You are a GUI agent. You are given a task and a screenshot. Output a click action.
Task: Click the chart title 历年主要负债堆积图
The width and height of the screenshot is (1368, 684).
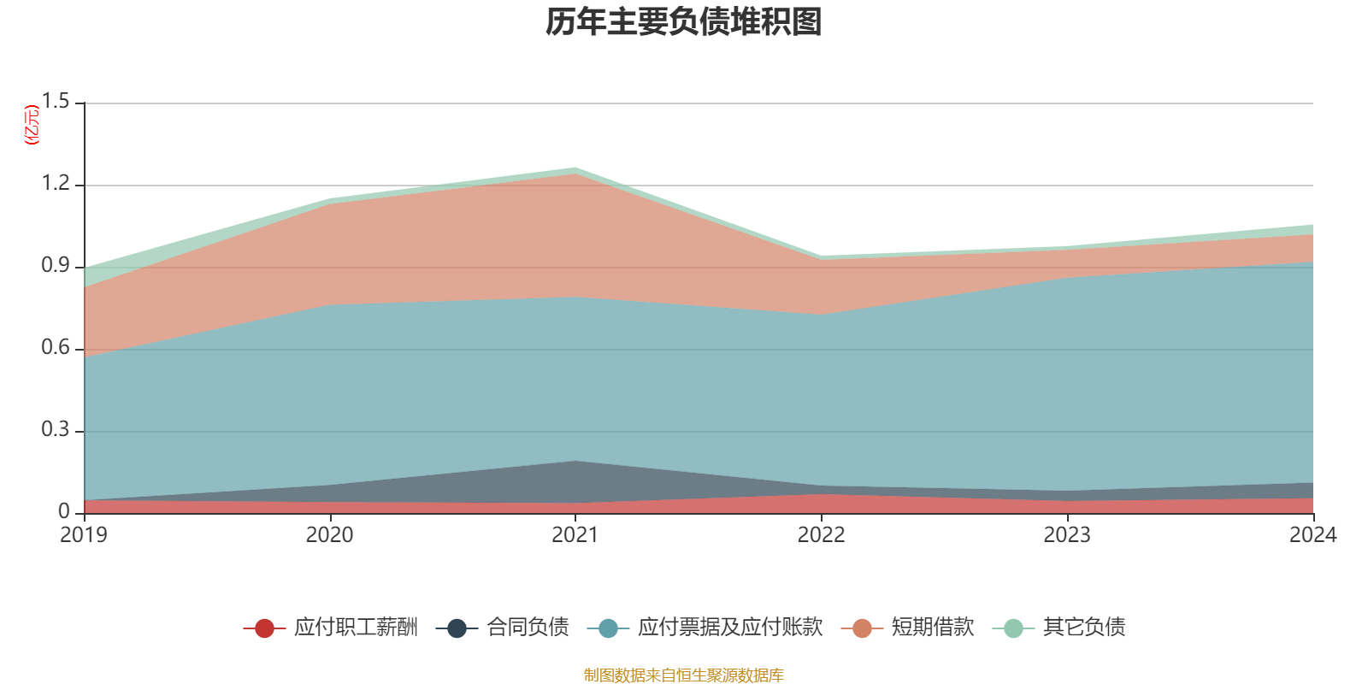coord(683,22)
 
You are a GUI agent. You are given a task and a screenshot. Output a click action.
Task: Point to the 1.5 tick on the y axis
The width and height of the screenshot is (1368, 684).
coord(55,102)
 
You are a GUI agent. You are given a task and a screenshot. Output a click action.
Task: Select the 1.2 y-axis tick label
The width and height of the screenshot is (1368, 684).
coord(55,183)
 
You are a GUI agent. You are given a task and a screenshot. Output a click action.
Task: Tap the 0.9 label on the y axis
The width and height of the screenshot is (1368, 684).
coord(55,266)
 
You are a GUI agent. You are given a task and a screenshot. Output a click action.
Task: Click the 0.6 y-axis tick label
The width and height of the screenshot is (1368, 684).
coord(55,347)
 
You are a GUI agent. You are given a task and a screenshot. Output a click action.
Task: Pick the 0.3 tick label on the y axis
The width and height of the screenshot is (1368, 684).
coord(55,429)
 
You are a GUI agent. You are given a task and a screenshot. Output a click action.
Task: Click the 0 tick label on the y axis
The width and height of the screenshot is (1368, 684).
coord(63,512)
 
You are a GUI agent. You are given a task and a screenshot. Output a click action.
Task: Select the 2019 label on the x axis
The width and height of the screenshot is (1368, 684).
coord(84,535)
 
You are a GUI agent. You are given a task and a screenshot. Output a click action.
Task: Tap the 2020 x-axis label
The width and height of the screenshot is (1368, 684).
coord(330,535)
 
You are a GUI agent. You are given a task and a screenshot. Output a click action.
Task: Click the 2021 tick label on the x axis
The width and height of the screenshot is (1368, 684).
coord(575,535)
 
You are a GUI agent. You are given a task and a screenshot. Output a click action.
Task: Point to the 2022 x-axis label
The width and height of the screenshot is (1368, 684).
coord(822,535)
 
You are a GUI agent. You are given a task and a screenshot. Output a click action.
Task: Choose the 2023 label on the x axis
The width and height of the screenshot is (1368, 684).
coord(1067,535)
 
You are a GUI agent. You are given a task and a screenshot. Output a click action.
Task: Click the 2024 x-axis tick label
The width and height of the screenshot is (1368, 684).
coord(1313,535)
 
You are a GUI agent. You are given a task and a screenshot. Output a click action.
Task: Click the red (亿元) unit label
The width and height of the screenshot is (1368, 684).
coord(31,125)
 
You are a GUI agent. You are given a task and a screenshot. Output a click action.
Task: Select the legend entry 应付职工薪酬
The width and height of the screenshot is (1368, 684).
coord(330,628)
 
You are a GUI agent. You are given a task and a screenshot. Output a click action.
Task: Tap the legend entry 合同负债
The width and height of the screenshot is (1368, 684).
coord(502,628)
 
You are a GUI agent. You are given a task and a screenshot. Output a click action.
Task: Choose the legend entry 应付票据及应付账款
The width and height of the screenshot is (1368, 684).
coord(705,628)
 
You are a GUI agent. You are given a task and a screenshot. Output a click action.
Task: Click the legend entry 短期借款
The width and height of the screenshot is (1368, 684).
coord(907,628)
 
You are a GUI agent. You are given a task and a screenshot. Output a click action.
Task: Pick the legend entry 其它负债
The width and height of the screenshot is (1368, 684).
coord(1059,628)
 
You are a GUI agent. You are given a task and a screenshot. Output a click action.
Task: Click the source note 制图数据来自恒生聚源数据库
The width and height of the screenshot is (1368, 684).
coord(683,675)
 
